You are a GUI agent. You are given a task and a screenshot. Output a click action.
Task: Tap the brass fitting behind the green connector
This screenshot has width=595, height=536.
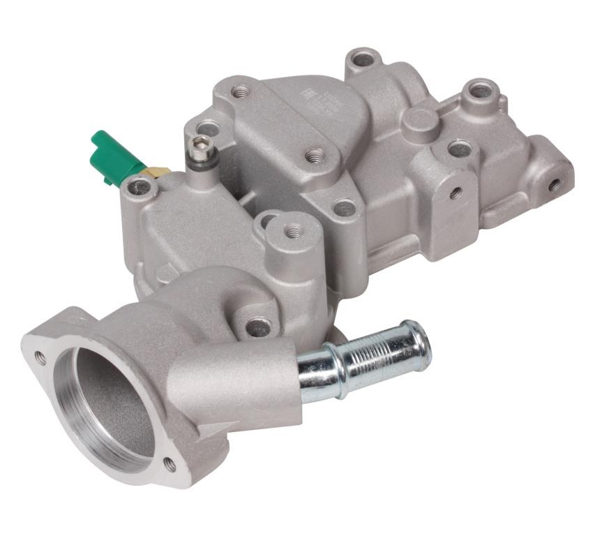point(157,172)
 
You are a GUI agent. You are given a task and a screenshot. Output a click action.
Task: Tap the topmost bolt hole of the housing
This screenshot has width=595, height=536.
point(363,60)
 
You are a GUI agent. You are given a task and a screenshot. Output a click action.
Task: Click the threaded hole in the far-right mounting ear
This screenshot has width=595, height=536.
point(553,185)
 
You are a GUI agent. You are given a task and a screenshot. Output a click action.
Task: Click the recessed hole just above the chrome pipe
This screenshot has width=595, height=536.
point(258,327)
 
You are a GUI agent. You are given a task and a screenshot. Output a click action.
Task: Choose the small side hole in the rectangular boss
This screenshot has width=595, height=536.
point(455,192)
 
